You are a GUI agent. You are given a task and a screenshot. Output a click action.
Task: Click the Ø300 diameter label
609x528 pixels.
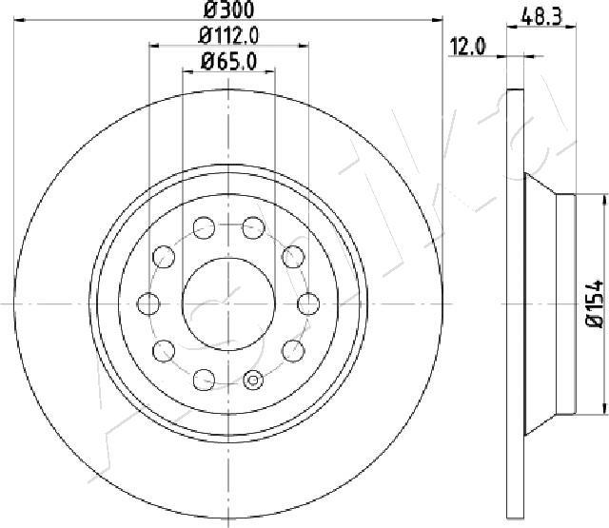pyautogui.click(x=228, y=10)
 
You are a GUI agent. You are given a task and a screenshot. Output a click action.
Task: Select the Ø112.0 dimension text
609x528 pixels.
pyautogui.click(x=228, y=36)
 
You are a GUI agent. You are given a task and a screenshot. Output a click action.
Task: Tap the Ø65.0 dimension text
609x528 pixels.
pyautogui.click(x=228, y=62)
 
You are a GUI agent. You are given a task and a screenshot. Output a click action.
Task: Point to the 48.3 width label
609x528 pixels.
pyautogui.click(x=541, y=17)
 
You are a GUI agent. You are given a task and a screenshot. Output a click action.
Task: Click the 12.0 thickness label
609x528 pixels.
pyautogui.click(x=467, y=47)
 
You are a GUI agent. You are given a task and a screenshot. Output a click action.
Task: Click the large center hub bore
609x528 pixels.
pyautogui.click(x=228, y=303)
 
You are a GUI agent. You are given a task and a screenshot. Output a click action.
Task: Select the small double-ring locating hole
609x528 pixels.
pyautogui.click(x=253, y=381)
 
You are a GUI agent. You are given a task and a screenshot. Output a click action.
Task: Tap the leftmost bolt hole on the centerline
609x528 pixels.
pyautogui.click(x=148, y=303)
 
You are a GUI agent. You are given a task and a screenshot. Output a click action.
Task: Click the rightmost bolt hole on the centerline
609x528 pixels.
pyautogui.click(x=308, y=303)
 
